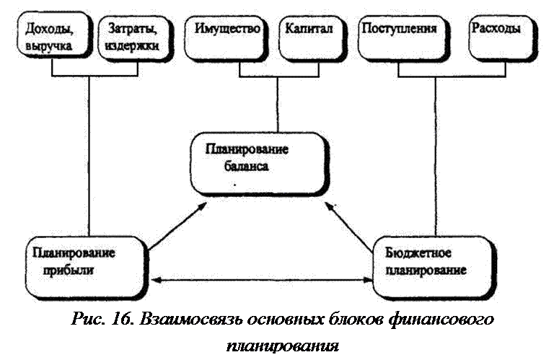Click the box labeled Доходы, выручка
coord(53,35)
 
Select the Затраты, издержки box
coord(135,38)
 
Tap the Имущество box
coord(226,38)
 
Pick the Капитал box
coord(312,38)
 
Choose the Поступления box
coord(403,38)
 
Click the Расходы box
coord(502,38)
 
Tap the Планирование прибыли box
coord(87,268)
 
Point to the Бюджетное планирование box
coord(434,268)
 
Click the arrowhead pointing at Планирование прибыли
coord(156,280)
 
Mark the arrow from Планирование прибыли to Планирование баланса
coord(177,227)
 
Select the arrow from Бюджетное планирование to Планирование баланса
coord(349,227)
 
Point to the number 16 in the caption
coord(123,320)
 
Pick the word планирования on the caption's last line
coord(282,346)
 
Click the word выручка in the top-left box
coord(48,46)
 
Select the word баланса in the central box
coord(246,166)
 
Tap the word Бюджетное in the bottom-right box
coord(418,253)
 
